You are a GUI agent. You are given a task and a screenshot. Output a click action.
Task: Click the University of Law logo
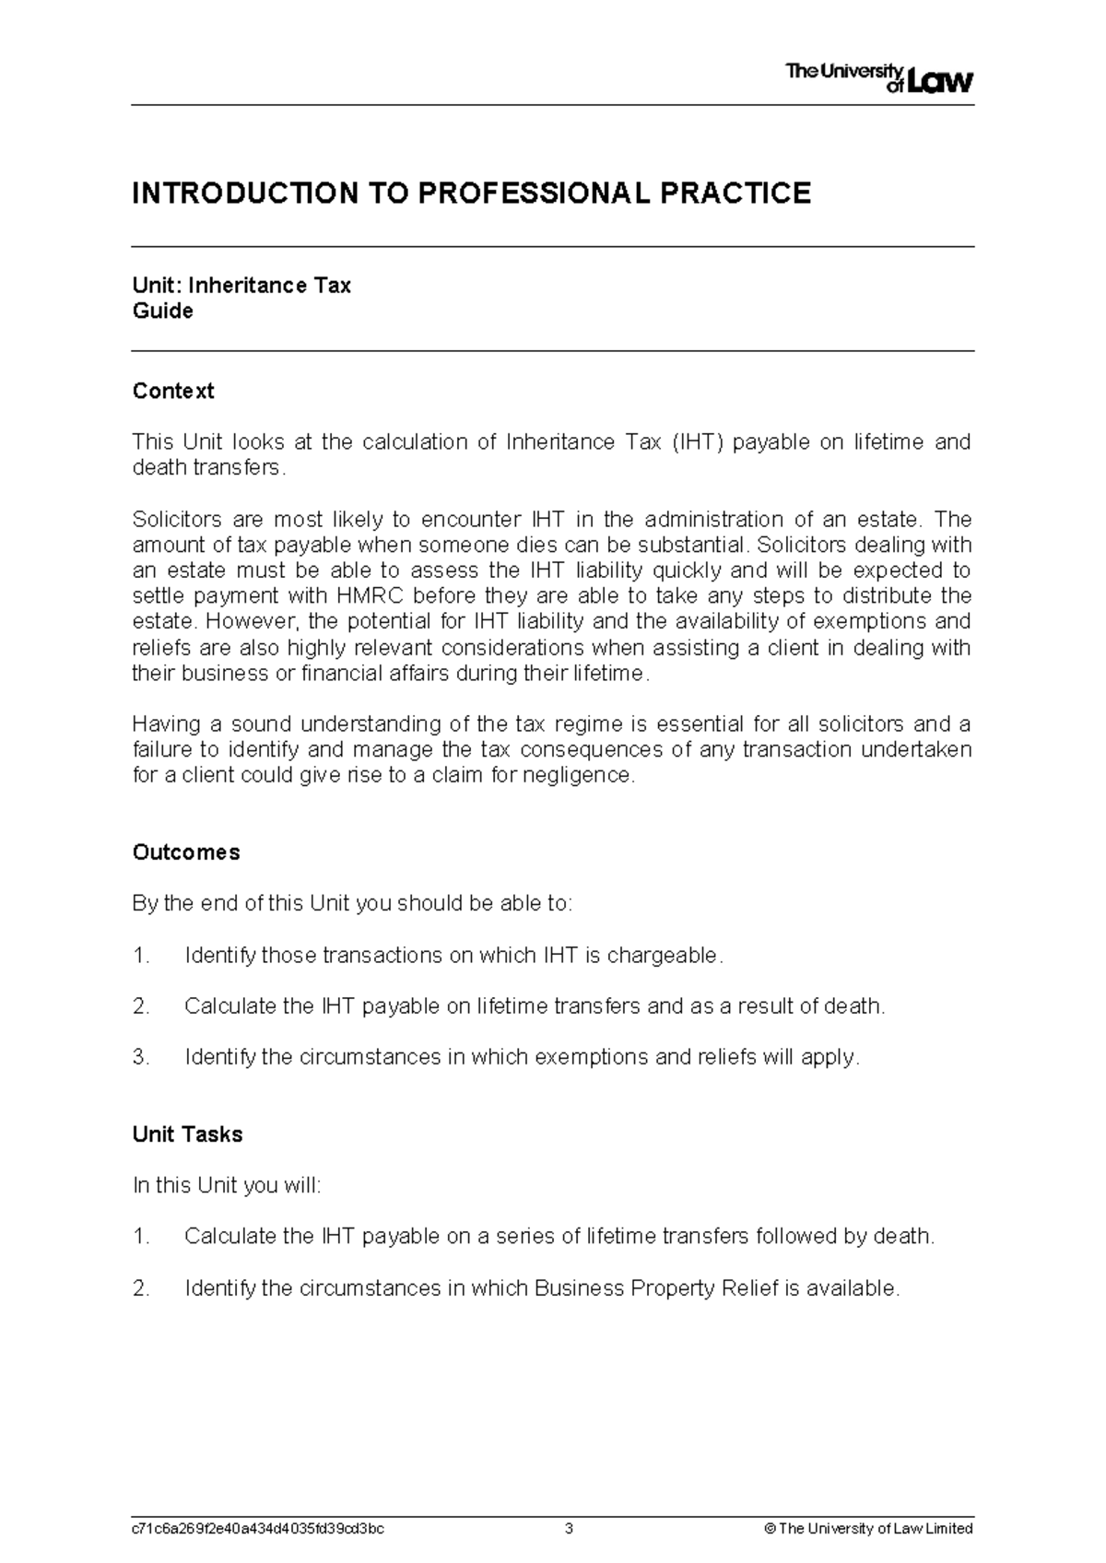(x=878, y=79)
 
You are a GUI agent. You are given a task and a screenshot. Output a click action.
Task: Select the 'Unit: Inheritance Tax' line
(x=241, y=286)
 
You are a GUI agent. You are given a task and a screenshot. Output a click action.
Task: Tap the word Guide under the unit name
(x=163, y=311)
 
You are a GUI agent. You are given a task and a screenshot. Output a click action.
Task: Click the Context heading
(x=173, y=391)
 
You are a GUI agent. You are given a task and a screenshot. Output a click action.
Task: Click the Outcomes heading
(x=186, y=852)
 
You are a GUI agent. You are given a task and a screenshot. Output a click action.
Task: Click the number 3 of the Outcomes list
(x=140, y=1057)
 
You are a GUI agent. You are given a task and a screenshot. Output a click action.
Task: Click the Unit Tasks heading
(x=188, y=1134)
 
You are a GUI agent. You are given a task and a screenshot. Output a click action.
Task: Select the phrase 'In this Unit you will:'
(x=228, y=1185)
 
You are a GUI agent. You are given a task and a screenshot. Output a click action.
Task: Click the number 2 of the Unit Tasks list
(x=140, y=1288)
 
